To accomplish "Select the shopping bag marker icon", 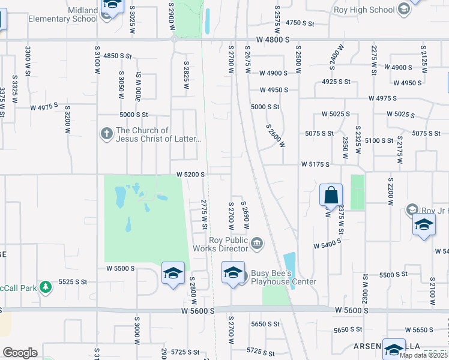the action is (331, 195).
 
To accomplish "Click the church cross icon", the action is (106, 133).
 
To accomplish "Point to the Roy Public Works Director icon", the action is (257, 243).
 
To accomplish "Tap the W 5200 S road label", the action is (191, 174).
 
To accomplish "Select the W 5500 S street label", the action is (121, 269).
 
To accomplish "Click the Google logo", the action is (20, 353).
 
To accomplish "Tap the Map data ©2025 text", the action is (424, 355).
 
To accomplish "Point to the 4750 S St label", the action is (300, 23).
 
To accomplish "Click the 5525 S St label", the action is (73, 281).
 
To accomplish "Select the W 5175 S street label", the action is (316, 163).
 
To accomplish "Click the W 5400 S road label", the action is (328, 246).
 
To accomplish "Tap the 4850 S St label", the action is (117, 55).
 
